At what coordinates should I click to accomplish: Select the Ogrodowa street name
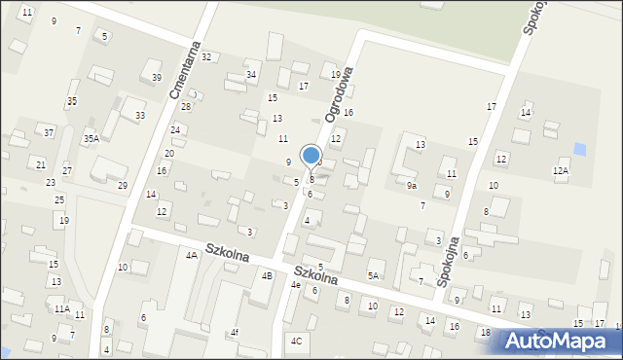[x=336, y=91]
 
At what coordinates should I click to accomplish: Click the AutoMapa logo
[x=563, y=341]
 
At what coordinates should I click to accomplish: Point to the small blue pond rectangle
[x=581, y=149]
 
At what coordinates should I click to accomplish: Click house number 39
[x=157, y=78]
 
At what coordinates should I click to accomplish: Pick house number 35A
[x=91, y=139]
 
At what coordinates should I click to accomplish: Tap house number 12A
[x=560, y=171]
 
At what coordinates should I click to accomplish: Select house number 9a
[x=412, y=185]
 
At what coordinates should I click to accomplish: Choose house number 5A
[x=372, y=276]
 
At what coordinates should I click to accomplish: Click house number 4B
[x=267, y=275]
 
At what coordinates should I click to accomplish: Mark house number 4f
[x=234, y=333]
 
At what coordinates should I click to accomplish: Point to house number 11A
[x=62, y=308]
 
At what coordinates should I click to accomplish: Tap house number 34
[x=251, y=74]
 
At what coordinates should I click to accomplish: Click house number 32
[x=205, y=57]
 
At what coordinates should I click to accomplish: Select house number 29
[x=123, y=185]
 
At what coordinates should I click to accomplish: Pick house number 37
[x=49, y=132]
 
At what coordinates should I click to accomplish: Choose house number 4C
[x=297, y=341]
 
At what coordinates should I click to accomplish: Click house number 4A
[x=192, y=255]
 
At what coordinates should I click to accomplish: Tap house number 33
[x=140, y=116]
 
